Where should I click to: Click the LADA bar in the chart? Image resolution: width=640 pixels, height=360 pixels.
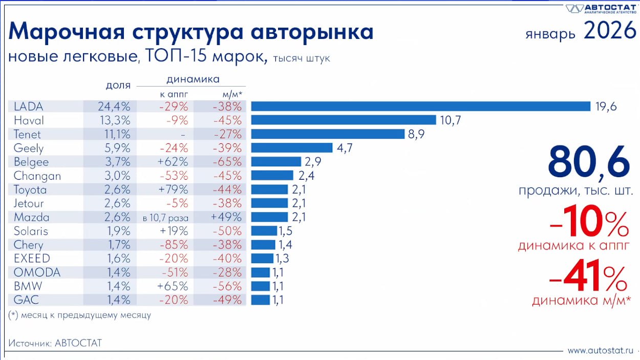point(421,107)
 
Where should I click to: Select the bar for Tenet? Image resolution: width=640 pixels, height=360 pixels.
point(328,134)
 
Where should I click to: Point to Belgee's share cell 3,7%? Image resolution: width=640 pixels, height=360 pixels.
point(114,162)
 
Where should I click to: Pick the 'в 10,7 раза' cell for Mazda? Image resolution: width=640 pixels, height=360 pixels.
point(165,218)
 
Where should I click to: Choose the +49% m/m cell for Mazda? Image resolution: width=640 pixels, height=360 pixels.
point(226,217)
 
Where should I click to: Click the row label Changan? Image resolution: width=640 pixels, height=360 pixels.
point(37,176)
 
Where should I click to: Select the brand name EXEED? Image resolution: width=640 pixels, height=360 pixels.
point(32,258)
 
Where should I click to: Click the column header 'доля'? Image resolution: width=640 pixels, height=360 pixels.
point(118,86)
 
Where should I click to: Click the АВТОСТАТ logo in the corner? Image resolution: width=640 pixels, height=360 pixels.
point(601,9)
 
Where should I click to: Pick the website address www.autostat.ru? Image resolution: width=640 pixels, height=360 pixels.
point(601,351)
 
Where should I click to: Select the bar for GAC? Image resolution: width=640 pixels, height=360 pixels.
point(260,300)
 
